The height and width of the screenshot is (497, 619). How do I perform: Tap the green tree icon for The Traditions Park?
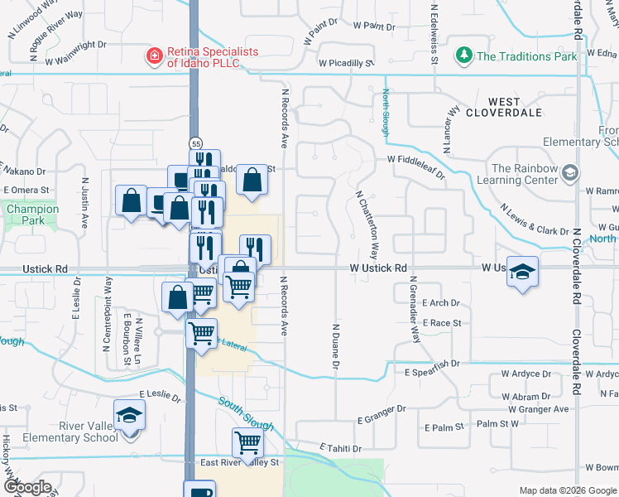pos(463,56)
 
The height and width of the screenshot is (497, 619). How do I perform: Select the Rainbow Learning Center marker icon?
pos(569,173)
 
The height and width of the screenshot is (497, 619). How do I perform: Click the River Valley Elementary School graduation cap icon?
pos(129,415)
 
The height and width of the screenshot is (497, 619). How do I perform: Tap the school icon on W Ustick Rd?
pos(522,273)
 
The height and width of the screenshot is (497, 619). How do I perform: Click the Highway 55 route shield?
pos(195,142)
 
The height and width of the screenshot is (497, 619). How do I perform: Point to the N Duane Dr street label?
pos(336,345)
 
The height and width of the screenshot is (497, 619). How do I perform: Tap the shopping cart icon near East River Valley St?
pos(248,443)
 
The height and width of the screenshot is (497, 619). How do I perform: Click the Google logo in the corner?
pos(28,487)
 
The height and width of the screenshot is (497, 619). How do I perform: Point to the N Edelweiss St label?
pos(434,33)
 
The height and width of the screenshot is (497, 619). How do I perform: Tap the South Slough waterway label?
pos(246,413)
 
